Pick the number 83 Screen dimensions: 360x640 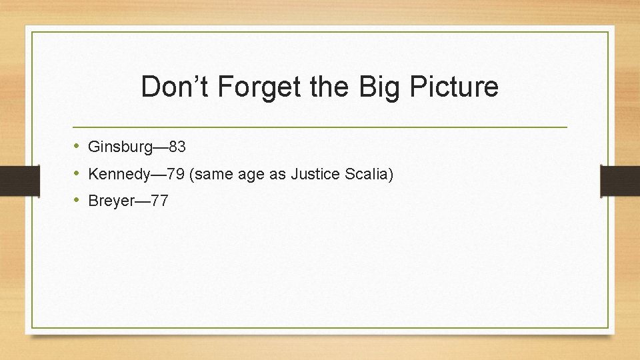coord(177,147)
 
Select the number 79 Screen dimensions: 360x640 coord(176,175)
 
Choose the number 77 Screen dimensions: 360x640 coord(159,201)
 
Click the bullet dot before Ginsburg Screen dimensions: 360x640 coord(77,146)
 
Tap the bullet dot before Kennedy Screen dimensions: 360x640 coord(77,174)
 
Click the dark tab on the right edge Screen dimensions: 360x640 coord(620,181)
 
